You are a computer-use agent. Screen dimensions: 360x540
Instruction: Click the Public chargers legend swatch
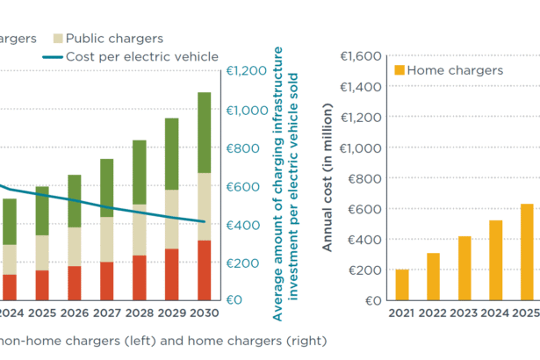click(59, 39)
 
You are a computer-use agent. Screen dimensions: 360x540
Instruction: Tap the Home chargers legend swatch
click(400, 70)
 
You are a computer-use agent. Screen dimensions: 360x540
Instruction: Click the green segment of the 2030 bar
click(204, 133)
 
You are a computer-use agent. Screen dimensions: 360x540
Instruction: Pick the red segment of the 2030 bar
click(204, 270)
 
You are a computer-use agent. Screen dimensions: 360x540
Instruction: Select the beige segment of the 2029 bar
click(171, 220)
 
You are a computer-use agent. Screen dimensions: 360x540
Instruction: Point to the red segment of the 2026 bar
click(74, 283)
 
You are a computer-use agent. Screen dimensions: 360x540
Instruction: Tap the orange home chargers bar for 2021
click(402, 284)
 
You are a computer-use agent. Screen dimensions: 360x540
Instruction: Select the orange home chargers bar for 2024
click(496, 260)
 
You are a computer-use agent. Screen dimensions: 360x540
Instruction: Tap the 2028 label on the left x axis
click(139, 313)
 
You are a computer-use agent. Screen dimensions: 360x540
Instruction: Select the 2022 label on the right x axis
click(434, 313)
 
